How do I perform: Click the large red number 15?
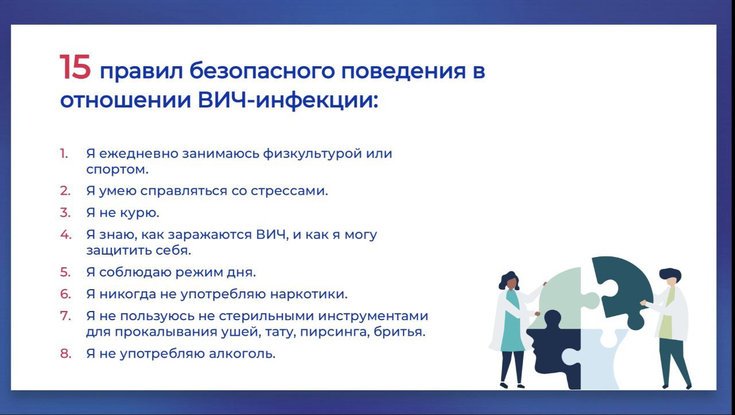75,67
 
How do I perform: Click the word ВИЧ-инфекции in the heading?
288,100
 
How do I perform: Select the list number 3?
65,213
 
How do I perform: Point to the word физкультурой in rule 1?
312,153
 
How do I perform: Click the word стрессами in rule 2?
289,191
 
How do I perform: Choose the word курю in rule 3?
140,213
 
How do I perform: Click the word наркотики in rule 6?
308,294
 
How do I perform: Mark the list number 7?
65,316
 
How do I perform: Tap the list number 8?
65,353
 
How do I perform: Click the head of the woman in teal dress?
509,280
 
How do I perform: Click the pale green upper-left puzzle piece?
564,295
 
